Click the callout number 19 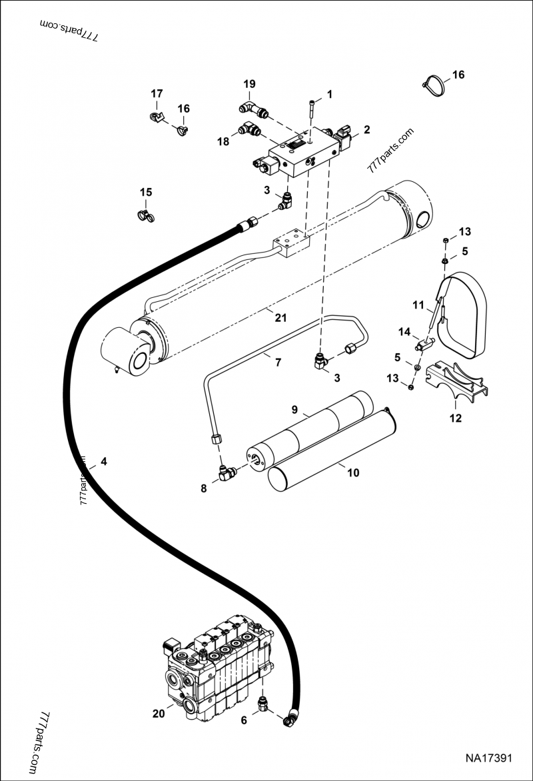coord(249,84)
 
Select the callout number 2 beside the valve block coord(366,129)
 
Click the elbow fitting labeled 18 coord(249,129)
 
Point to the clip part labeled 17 coord(157,118)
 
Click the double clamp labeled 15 coord(145,215)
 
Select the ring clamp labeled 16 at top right coord(434,85)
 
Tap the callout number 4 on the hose coord(103,461)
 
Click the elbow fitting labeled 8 coord(227,473)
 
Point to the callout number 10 coord(353,473)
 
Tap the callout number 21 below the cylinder coord(281,318)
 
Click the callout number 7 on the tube coord(277,362)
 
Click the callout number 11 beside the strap coord(418,305)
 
